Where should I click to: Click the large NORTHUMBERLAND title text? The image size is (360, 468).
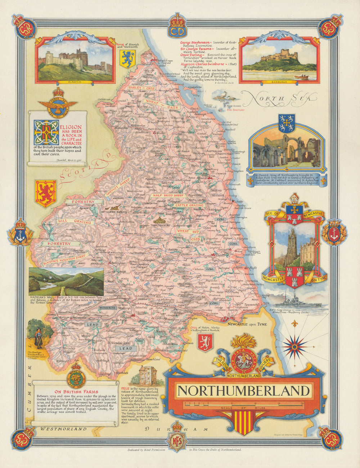pyautogui.click(x=244, y=391)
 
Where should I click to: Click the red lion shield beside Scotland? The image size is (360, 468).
pyautogui.click(x=45, y=194)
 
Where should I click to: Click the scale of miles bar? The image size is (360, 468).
pyautogui.click(x=244, y=404)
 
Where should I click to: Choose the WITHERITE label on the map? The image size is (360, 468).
pyautogui.click(x=107, y=308)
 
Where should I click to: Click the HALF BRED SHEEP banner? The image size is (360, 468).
pyautogui.click(x=168, y=196)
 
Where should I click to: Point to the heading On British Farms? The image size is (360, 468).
pyautogui.click(x=76, y=392)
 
